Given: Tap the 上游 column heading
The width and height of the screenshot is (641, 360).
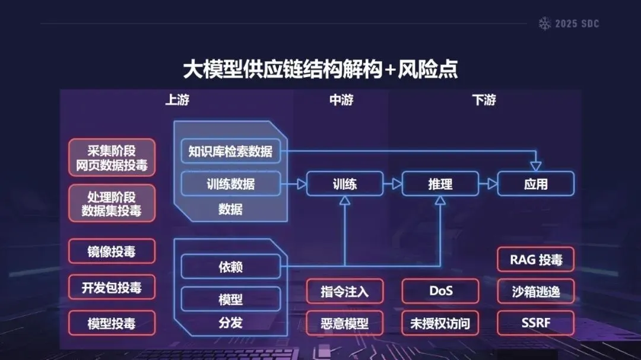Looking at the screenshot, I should coord(177,100).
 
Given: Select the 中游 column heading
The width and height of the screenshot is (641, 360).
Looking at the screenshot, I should coord(341,100).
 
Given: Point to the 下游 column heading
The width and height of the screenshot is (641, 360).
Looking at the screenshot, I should coord(484,100).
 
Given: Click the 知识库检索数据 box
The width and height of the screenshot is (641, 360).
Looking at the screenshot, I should coord(230,151).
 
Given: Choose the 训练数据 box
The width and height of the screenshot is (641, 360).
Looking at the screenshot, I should coord(230,184).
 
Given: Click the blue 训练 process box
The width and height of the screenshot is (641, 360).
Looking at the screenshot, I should coord(345,184).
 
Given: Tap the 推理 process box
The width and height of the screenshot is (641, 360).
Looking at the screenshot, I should coord(440,184).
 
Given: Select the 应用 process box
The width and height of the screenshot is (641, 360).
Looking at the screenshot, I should coord(535,184).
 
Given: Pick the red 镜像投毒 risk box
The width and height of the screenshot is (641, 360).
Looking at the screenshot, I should coord(112,251).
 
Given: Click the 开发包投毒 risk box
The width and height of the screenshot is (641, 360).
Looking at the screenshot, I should coord(112,288).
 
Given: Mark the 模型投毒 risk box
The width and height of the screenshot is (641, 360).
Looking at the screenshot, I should coord(112,323).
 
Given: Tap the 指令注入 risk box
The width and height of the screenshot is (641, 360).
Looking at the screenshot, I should coord(345,291).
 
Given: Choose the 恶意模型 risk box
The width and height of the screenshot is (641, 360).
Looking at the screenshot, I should coord(345,323).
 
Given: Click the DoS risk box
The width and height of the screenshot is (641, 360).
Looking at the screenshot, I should coord(440,291).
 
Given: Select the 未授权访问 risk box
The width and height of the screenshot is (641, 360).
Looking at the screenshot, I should coord(440,323).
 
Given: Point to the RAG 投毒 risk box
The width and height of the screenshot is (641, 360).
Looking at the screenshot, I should coord(535,259).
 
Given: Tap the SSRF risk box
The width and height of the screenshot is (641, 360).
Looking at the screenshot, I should coord(535,323).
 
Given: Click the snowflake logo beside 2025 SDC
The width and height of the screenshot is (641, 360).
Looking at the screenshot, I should coord(544,24).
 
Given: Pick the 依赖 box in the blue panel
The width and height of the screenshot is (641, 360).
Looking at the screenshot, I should coord(230,267).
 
